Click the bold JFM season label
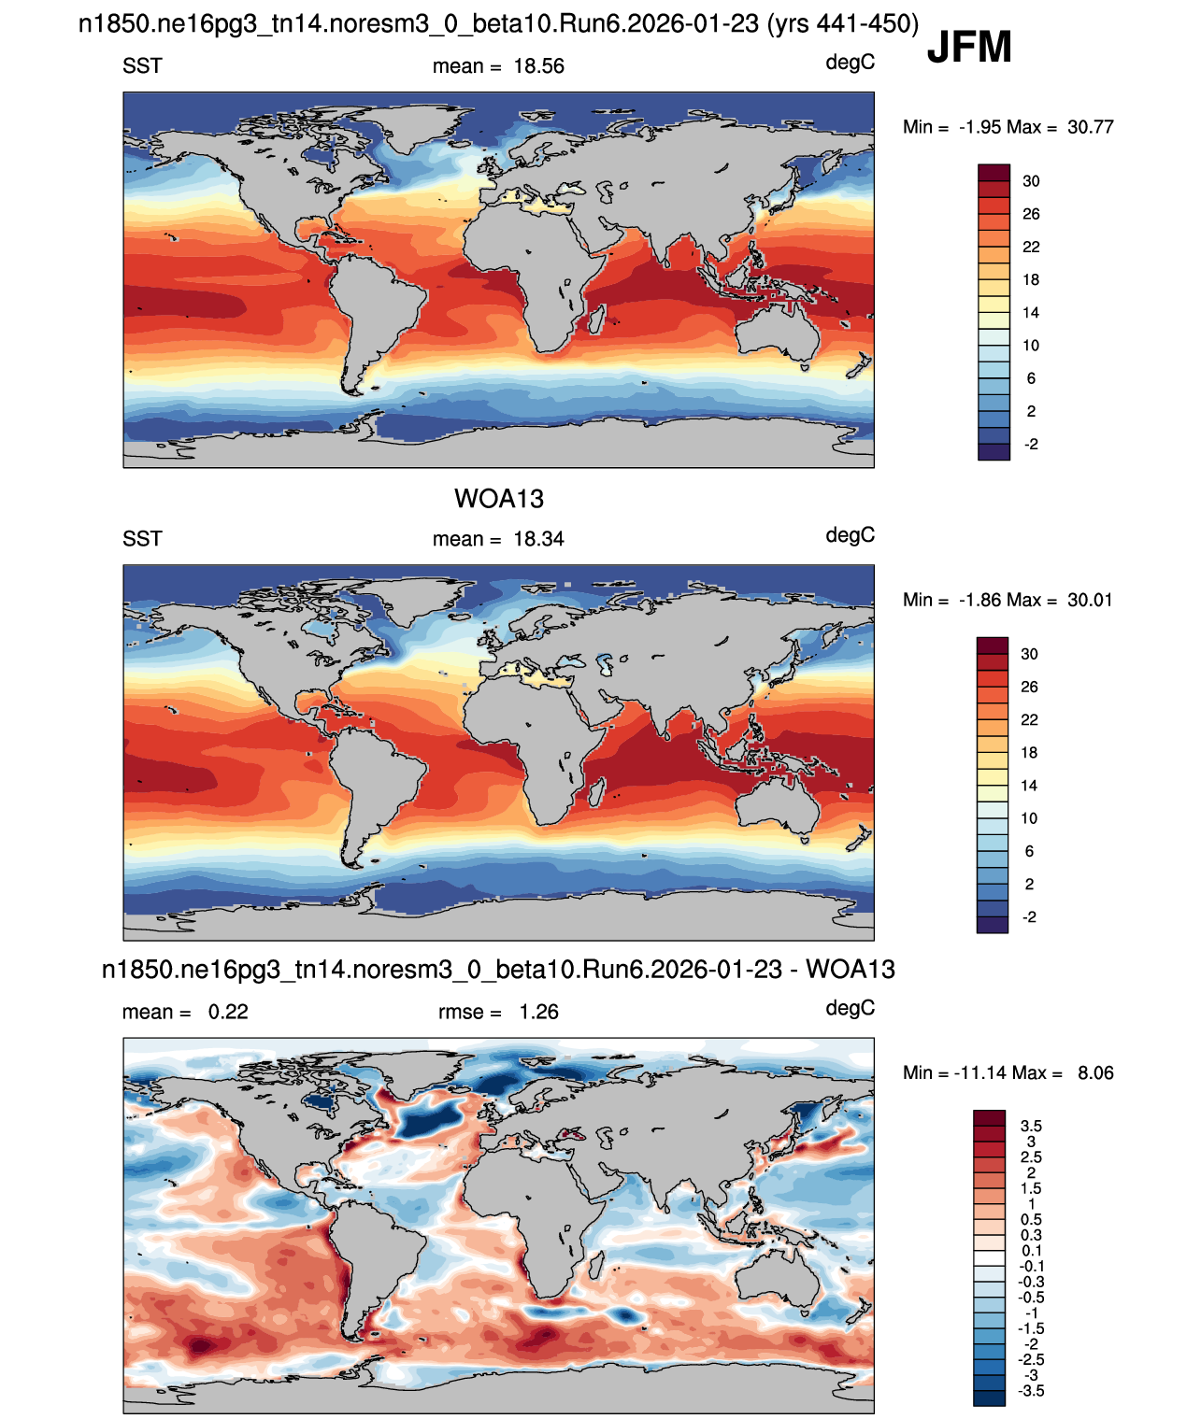tap(969, 47)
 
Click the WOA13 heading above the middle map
tap(498, 499)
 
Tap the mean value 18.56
tap(538, 66)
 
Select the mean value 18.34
tap(538, 539)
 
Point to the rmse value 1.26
tap(538, 1012)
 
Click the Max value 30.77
tap(1091, 127)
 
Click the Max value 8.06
tap(1095, 1072)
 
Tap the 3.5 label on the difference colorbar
tap(1031, 1126)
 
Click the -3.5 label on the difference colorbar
tap(1031, 1391)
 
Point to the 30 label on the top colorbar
tap(1031, 181)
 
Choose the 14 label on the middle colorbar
tap(1029, 786)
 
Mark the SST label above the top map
tap(142, 66)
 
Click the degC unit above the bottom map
tap(851, 1008)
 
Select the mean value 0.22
tap(228, 1012)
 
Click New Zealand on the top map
tap(859, 364)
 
